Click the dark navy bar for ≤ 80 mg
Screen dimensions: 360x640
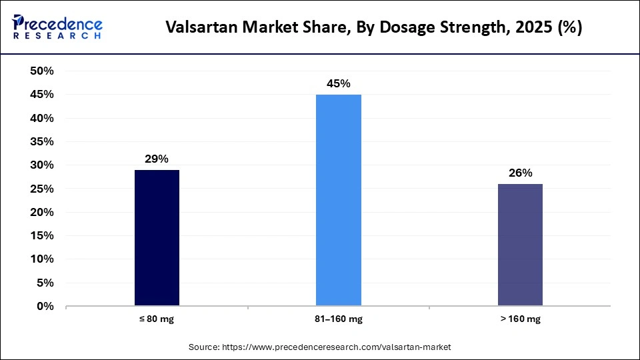point(157,238)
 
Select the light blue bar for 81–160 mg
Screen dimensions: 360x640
point(338,200)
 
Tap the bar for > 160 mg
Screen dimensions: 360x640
point(520,245)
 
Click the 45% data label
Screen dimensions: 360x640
point(338,84)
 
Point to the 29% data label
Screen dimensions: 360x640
point(157,159)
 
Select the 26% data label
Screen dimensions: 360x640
point(520,173)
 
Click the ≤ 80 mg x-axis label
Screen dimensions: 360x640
point(157,319)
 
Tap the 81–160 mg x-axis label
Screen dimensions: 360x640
point(338,319)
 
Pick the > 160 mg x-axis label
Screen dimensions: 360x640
point(520,319)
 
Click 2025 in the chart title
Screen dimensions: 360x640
point(531,28)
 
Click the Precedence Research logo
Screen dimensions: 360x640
point(57,27)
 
